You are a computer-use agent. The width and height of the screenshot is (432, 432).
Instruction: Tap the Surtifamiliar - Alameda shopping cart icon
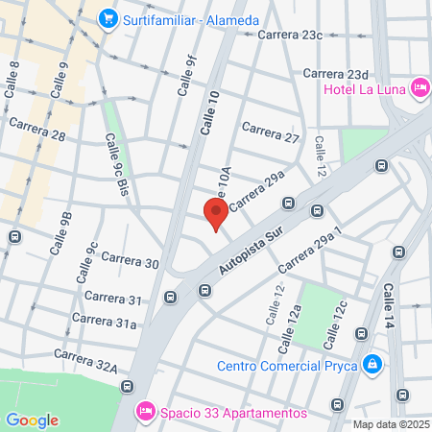coord(108,17)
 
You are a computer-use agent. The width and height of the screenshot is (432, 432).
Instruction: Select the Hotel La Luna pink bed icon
coord(419,89)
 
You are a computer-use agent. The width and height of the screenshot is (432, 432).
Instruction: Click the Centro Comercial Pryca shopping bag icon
coord(372,365)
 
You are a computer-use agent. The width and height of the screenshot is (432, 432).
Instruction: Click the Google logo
coord(32,420)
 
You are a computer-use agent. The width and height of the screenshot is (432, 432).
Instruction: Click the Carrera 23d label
coord(336,74)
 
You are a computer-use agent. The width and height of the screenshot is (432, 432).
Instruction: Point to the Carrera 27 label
coord(271,132)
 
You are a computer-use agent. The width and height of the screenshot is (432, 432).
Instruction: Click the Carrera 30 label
coord(129,262)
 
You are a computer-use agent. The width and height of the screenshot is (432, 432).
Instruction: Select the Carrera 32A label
coord(85,360)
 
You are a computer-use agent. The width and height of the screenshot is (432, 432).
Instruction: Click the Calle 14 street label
coord(389,302)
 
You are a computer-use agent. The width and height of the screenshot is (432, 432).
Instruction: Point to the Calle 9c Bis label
coord(116,165)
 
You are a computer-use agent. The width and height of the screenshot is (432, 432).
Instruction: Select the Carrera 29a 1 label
coord(309,250)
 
